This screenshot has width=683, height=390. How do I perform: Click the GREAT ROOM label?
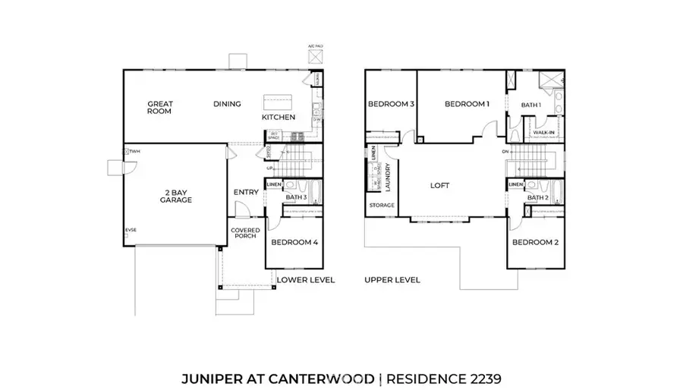[159, 108]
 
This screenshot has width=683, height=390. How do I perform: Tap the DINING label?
[227, 104]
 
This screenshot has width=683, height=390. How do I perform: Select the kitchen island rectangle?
[273, 102]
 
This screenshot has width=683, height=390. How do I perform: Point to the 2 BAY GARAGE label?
[175, 197]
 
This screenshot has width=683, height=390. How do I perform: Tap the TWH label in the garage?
[135, 152]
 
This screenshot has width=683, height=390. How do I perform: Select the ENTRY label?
[247, 192]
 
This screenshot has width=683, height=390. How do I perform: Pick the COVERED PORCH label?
[245, 234]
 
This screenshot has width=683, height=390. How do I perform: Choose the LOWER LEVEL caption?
[306, 280]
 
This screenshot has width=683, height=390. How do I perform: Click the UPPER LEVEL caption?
[392, 280]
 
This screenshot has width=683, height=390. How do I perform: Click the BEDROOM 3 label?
[391, 104]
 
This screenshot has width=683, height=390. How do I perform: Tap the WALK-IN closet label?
[543, 132]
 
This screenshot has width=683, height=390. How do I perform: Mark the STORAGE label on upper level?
[382, 206]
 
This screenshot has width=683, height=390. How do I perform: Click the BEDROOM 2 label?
[535, 242]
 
